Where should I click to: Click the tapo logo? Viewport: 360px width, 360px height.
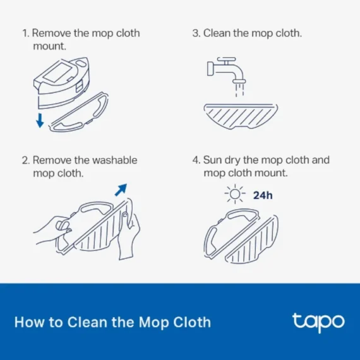tap(318, 321)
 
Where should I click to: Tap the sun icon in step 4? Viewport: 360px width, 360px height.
tap(235, 195)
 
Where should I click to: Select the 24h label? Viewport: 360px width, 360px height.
tap(263, 195)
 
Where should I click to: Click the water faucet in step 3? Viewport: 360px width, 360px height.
tap(226, 70)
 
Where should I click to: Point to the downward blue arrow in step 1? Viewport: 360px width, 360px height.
tap(40, 119)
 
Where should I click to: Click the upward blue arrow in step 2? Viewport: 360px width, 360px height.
tap(120, 189)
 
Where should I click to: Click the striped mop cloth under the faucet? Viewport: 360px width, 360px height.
tap(241, 117)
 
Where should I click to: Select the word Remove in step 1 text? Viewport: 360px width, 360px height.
tap(49, 33)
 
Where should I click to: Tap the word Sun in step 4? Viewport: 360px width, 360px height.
tap(213, 160)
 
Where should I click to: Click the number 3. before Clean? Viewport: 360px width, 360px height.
tap(196, 33)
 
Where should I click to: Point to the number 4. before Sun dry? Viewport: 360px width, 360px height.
tap(196, 160)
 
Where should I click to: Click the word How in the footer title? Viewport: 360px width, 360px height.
tap(28, 322)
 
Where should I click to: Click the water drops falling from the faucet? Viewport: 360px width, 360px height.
tap(239, 91)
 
